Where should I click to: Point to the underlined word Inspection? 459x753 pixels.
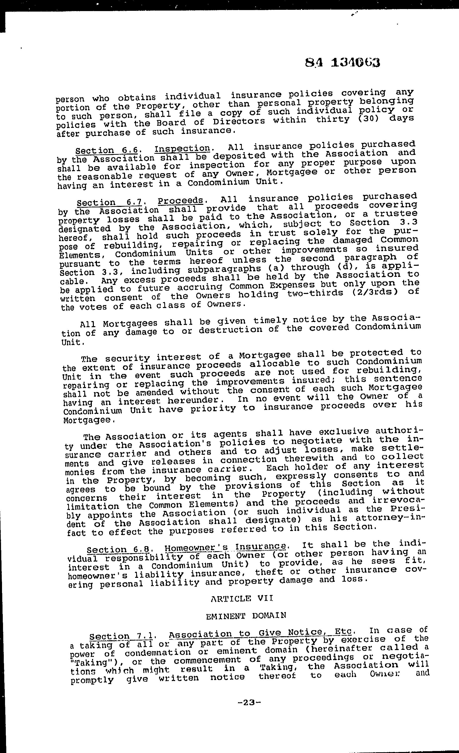[x=182, y=149]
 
